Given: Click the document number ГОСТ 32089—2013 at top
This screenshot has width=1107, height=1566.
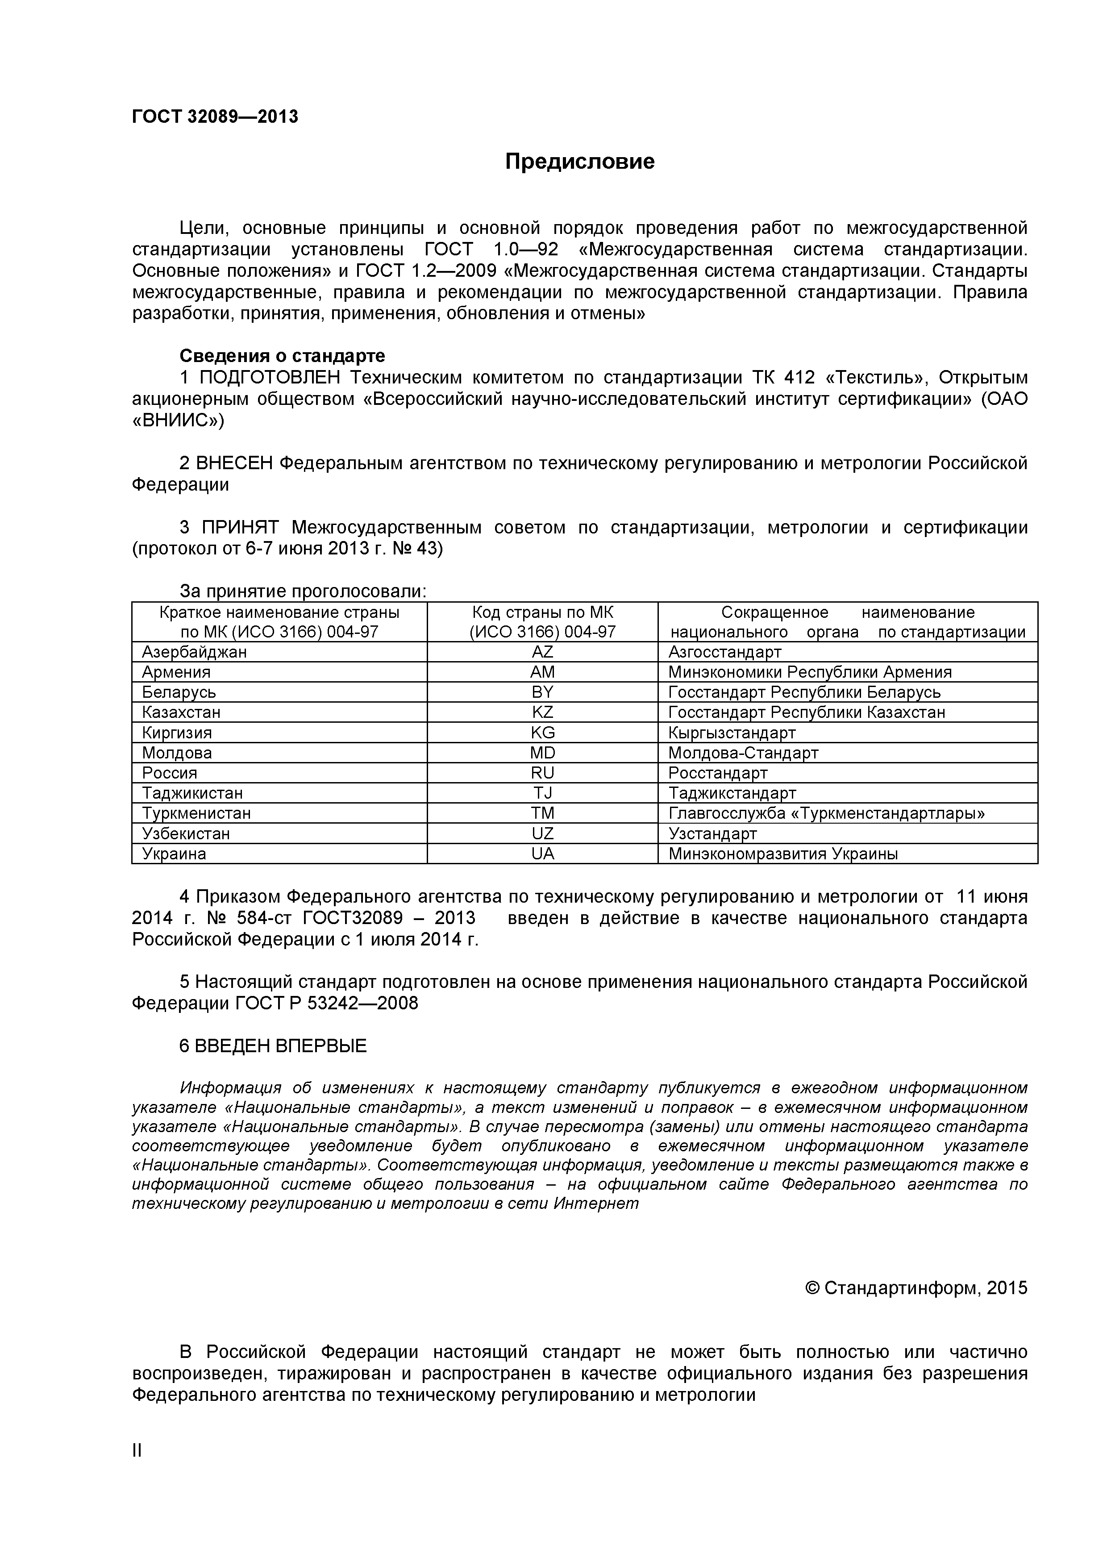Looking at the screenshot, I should [215, 117].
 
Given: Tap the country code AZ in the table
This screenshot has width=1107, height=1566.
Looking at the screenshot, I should [542, 652].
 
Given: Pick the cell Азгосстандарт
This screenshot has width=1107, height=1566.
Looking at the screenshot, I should [724, 652].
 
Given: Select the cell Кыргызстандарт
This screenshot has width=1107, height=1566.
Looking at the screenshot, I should [732, 733].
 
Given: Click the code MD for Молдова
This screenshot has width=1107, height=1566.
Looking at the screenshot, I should [542, 753].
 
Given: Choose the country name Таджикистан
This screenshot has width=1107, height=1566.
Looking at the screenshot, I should [192, 793].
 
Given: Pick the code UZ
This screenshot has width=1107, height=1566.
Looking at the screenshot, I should [542, 833].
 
